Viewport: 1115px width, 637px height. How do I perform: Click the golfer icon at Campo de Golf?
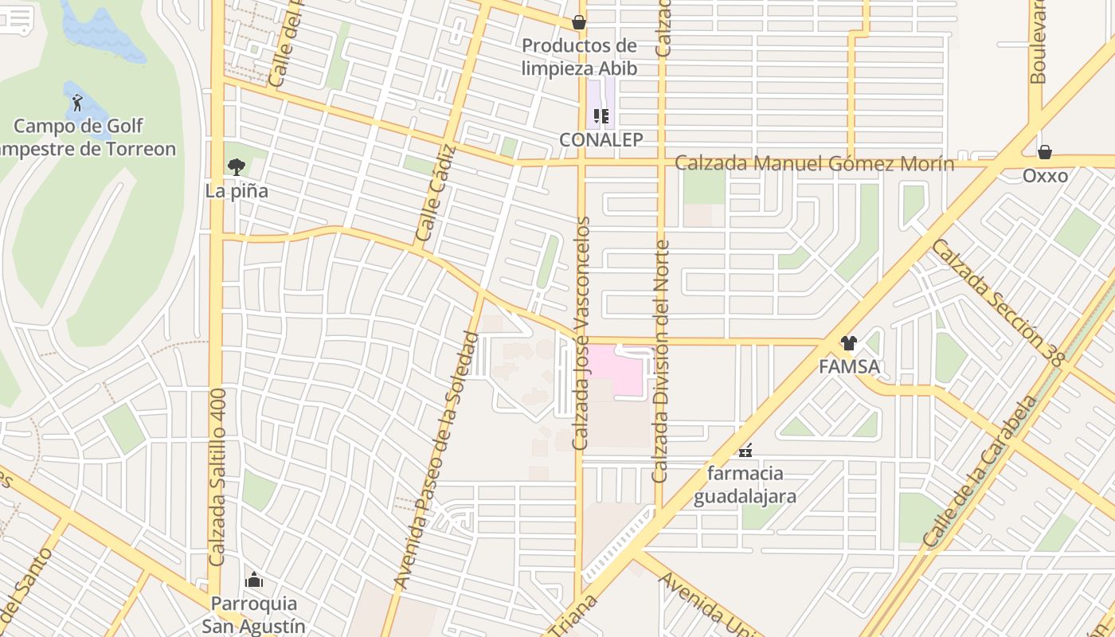tap(77, 102)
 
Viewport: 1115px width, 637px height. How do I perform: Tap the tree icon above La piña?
tap(236, 166)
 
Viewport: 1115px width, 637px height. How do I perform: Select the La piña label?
tap(237, 191)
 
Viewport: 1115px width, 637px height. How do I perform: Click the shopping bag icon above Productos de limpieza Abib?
tap(579, 22)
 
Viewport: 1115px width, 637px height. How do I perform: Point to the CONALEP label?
tap(601, 139)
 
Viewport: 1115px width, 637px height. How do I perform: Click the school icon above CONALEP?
tap(601, 116)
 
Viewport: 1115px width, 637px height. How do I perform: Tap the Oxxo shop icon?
tap(1045, 151)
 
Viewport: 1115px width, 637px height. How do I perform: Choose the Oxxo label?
tap(1045, 175)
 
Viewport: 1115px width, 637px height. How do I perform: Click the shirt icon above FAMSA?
tap(849, 343)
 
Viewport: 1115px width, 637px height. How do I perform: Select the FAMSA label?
tap(849, 367)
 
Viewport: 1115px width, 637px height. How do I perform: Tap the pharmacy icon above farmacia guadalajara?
tap(745, 451)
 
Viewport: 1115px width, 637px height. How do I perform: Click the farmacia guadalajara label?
tap(745, 485)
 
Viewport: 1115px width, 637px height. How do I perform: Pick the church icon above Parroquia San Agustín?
tap(253, 580)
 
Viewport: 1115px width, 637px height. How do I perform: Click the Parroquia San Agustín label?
tap(253, 614)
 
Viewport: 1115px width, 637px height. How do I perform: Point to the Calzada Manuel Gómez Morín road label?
tap(814, 164)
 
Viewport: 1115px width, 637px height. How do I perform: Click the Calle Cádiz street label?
tap(436, 193)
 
